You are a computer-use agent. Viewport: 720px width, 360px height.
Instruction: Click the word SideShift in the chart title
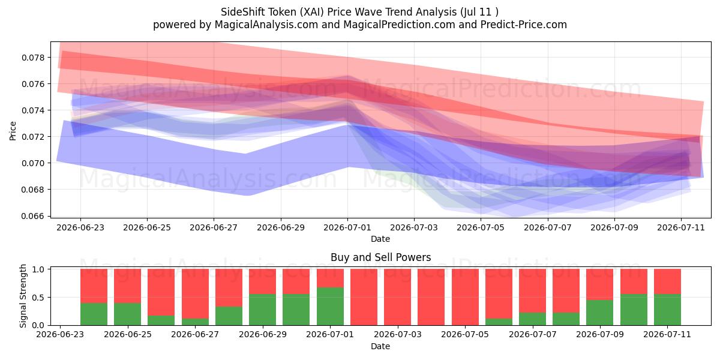click(242, 12)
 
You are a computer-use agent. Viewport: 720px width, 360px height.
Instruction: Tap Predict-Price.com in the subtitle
click(524, 25)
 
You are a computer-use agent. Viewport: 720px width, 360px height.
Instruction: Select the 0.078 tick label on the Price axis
click(32, 58)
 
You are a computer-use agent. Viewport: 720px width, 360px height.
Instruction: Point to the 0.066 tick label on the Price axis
click(32, 216)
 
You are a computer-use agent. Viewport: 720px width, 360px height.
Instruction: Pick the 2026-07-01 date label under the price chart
click(347, 227)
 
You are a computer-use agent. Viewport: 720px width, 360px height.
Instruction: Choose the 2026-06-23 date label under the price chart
click(80, 227)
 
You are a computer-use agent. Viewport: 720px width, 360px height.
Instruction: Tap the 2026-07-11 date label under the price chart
click(681, 227)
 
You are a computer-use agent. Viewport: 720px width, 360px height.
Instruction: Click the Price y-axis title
click(13, 131)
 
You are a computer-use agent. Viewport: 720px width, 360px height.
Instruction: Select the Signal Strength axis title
click(23, 296)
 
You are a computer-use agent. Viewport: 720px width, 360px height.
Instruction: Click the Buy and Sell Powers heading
click(380, 257)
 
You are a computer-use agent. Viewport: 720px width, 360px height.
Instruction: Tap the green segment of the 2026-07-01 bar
click(330, 307)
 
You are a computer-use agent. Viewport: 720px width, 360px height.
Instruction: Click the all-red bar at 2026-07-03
click(398, 297)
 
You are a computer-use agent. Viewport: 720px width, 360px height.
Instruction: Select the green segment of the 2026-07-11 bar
click(667, 310)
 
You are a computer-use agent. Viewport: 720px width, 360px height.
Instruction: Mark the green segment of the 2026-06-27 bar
click(195, 322)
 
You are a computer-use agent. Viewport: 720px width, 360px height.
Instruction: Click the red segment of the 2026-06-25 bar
click(128, 286)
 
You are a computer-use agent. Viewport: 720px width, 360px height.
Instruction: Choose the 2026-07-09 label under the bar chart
click(600, 334)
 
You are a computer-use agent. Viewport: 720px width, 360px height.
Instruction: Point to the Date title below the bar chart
click(380, 346)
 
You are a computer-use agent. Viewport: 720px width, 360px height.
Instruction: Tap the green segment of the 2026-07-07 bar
click(533, 319)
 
